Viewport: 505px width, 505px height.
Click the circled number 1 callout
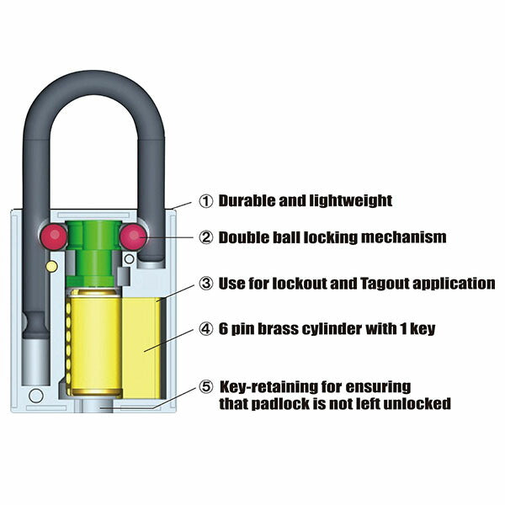tap(206, 201)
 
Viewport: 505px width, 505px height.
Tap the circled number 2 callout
tap(206, 237)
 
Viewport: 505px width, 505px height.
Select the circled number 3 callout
tap(206, 284)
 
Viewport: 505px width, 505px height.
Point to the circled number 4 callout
tap(206, 329)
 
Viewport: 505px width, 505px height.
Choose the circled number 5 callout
tap(206, 386)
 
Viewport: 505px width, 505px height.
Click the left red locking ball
tap(54, 237)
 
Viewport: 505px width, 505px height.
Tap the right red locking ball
tap(133, 237)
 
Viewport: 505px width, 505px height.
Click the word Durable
tap(247, 200)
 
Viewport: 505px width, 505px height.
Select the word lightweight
tap(351, 201)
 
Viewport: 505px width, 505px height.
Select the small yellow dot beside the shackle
tap(51, 266)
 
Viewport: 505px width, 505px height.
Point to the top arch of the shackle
tap(93, 83)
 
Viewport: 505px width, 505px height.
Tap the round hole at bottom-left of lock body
tap(36, 396)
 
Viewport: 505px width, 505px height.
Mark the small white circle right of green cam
tap(129, 258)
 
